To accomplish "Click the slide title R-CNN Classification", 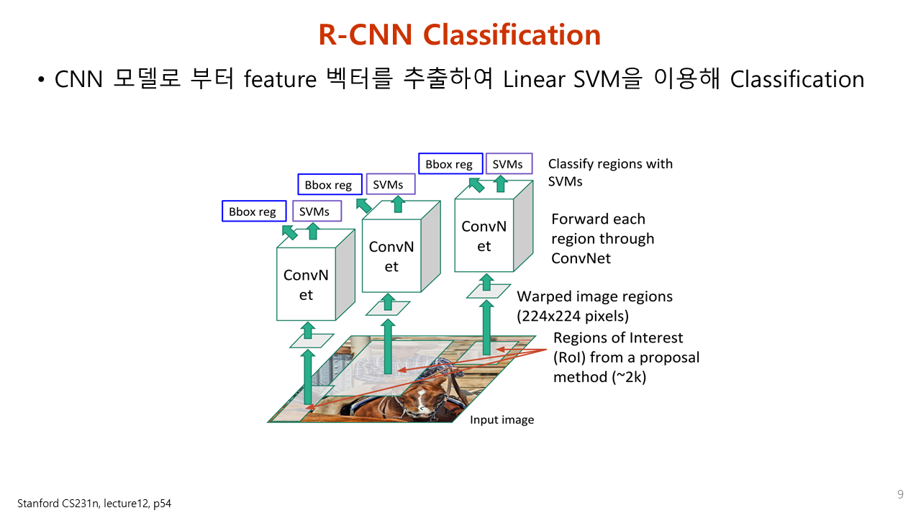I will (460, 35).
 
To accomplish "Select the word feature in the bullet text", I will (280, 79).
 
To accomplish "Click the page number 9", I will (900, 494).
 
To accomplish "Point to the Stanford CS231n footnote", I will (94, 504).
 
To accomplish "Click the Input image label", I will (502, 419).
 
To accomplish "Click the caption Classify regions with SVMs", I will (610, 172).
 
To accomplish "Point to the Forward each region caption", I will (602, 238).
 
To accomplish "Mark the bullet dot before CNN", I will (42, 79).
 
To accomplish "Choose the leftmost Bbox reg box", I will (253, 212).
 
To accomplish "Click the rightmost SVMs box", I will (508, 164).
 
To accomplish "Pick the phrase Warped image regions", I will (594, 296).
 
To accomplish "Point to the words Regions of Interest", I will (618, 338).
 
